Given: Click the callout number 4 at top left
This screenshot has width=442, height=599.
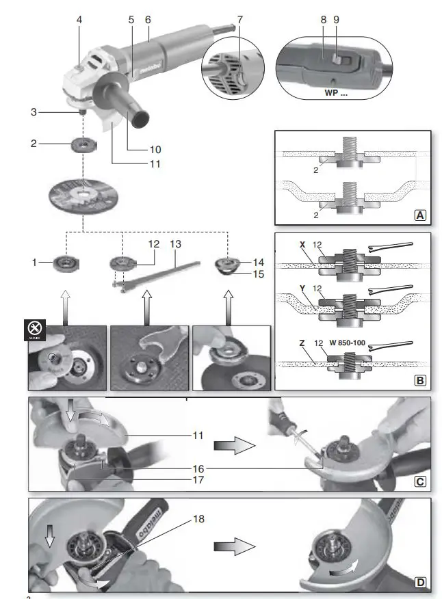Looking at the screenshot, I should [x=79, y=20].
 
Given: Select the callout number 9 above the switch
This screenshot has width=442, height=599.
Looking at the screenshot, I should [x=336, y=20].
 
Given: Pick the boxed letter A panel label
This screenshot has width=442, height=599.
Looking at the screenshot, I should [x=419, y=214].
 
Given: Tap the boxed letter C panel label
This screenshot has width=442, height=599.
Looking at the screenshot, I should [x=419, y=481].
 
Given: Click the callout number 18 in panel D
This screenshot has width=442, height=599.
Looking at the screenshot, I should [x=198, y=519].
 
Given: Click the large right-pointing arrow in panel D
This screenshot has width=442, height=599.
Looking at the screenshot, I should [x=233, y=548].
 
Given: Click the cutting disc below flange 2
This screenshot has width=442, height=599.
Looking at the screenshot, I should [x=81, y=196].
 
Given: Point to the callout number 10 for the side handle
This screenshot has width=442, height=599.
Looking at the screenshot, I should [x=156, y=149].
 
